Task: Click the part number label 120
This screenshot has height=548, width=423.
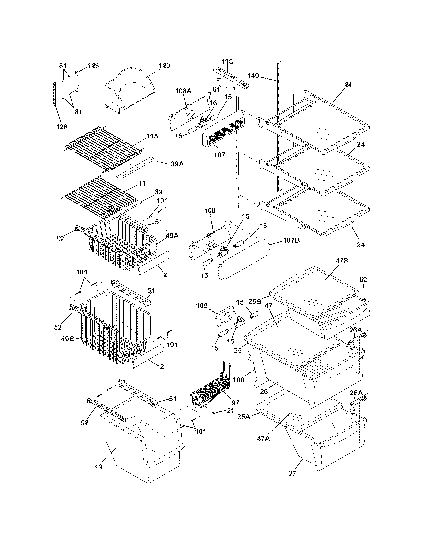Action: tap(164, 66)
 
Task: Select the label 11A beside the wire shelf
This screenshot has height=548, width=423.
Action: tap(153, 137)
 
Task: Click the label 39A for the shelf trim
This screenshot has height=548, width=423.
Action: tap(177, 164)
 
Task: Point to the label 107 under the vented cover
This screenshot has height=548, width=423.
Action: tap(219, 155)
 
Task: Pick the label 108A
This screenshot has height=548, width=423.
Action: tap(183, 91)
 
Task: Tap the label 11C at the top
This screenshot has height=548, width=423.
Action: tap(227, 61)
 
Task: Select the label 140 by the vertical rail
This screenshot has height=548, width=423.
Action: tap(253, 75)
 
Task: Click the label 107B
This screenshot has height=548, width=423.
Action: tap(291, 240)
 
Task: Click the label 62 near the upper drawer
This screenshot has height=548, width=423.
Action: tap(363, 280)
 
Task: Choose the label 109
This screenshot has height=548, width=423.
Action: tap(202, 306)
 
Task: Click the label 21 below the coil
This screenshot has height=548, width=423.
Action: tap(230, 411)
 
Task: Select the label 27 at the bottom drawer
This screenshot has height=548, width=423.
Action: tap(292, 474)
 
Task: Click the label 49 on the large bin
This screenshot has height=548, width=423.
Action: tap(98, 467)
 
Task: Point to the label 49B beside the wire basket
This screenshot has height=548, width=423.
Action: tap(68, 339)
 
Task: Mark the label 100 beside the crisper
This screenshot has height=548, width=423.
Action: tap(238, 380)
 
